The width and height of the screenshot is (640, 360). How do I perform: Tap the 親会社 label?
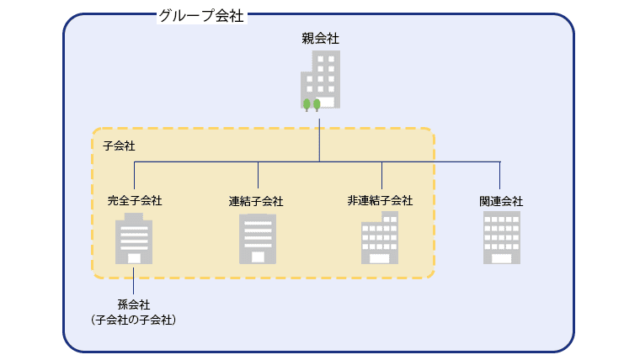320,39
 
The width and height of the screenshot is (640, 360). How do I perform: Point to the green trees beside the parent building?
312,103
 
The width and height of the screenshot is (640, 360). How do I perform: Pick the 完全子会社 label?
135,200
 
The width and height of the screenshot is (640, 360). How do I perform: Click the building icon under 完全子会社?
135,241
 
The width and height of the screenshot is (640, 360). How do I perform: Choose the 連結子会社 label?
256,201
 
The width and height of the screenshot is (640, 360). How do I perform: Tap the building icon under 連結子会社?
257,239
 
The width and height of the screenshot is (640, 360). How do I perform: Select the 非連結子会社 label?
380,200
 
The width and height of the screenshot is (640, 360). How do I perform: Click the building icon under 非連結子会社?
380,239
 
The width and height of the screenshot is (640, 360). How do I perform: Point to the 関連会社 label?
501,201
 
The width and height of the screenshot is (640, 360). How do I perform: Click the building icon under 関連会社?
501,238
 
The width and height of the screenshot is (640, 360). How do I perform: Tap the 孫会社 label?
133,303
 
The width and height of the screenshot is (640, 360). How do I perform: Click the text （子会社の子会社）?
133,319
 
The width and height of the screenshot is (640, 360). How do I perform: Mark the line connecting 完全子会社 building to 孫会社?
134,281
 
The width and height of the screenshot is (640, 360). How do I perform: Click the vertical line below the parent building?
320,135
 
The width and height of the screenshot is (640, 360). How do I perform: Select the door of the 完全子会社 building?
134,259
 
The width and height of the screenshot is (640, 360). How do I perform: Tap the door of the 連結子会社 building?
257,257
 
